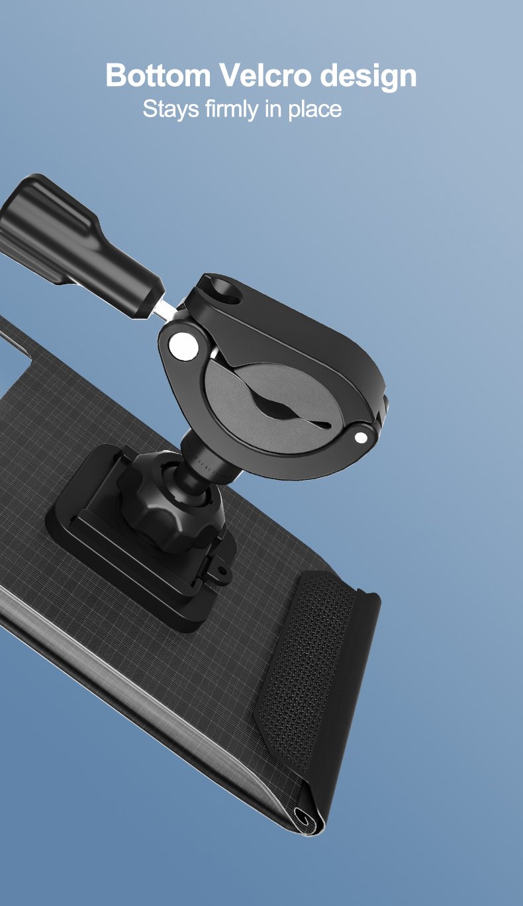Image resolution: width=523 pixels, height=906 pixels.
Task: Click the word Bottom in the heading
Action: coord(158,75)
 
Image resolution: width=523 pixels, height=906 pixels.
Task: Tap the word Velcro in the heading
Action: coord(265,75)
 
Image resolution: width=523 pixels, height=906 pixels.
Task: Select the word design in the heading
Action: coord(369,77)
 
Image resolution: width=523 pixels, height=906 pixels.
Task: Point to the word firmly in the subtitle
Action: coord(231,109)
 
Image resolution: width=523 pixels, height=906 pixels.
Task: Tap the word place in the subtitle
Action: coord(314,110)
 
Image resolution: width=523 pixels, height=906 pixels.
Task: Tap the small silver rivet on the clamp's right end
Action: coord(361,437)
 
